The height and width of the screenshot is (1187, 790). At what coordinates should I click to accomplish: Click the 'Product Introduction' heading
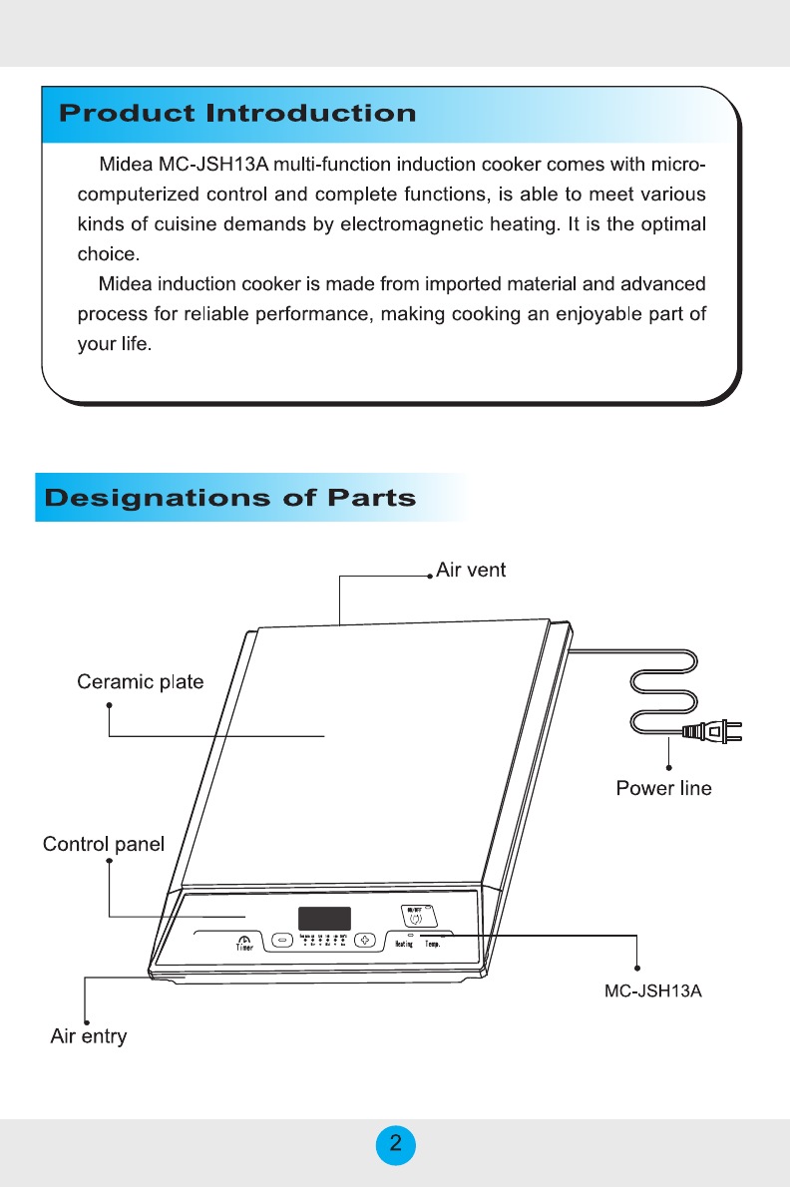237,113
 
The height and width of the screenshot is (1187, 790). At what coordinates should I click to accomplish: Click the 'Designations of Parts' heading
229,498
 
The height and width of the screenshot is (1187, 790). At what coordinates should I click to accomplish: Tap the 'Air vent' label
471,571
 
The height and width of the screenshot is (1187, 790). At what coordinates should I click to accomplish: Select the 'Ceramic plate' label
141,682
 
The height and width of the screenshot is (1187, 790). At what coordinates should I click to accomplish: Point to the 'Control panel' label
104,845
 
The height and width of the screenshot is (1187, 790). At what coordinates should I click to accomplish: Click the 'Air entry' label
89,1036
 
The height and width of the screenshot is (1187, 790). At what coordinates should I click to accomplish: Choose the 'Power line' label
663,789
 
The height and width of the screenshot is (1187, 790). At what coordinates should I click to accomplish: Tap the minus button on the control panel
281,940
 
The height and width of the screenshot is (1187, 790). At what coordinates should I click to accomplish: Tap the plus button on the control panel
366,940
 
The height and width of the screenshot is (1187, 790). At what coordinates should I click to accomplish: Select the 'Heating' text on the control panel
404,944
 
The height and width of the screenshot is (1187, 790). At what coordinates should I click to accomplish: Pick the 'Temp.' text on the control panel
434,944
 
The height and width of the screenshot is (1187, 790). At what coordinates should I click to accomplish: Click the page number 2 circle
396,1144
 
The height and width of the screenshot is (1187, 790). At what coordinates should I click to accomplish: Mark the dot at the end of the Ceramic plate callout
110,705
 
